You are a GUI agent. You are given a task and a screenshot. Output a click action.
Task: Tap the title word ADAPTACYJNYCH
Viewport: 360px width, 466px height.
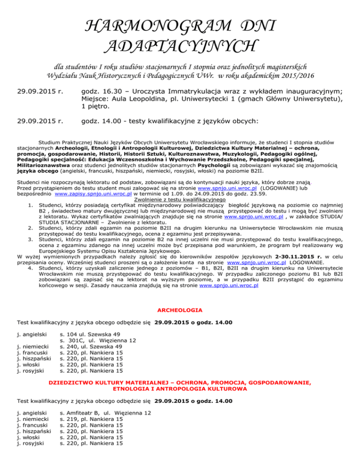point(180,47)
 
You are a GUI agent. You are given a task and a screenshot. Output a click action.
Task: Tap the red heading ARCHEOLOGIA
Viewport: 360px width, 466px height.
point(180,310)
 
